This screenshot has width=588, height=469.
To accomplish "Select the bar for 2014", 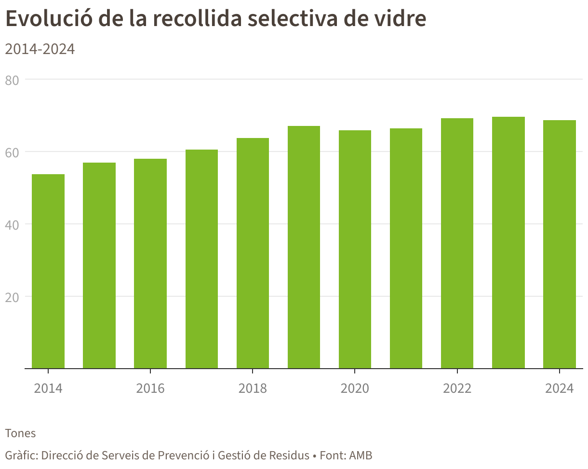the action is pos(48,271).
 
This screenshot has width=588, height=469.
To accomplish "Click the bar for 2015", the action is pos(99,265).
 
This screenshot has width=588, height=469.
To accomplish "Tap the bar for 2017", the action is pos(201,259).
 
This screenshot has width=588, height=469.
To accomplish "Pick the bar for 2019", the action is pos(304,247).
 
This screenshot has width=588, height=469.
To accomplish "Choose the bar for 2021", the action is pos(406,248).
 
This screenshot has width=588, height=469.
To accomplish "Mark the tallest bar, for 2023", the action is pos(508,242).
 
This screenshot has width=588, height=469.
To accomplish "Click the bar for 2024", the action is pos(560,244).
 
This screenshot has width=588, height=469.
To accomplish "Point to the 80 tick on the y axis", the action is pos(12,81).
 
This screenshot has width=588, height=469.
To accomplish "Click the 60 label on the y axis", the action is pos(12,152).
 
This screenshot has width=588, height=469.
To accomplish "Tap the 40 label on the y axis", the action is pos(12,225).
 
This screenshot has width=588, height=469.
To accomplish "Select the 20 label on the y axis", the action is pos(12,297).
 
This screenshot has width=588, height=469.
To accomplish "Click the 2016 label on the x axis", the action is pos(150,388).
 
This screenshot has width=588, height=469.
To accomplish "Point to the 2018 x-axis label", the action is pos(253,388).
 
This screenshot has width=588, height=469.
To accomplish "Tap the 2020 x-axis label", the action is pos(355,388).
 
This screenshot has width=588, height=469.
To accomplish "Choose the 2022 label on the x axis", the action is pos(457,388).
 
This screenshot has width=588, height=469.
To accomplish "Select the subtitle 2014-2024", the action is pos(40,49).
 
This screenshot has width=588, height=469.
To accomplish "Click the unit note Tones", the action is pos(21,433).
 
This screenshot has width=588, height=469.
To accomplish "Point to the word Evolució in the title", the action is pos(49,18).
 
